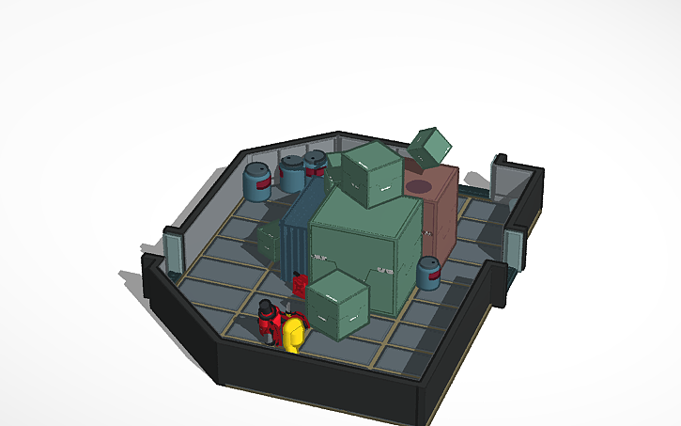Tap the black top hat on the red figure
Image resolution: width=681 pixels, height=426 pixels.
click(267, 306)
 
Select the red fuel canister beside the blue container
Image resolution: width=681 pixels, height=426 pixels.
click(300, 283)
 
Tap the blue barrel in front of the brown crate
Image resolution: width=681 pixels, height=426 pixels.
click(428, 273)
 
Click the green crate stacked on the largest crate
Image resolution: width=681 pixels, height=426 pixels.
click(372, 174)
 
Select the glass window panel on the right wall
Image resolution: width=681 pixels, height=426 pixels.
click(512, 248)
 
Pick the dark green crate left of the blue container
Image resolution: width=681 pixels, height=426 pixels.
click(271, 241)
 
